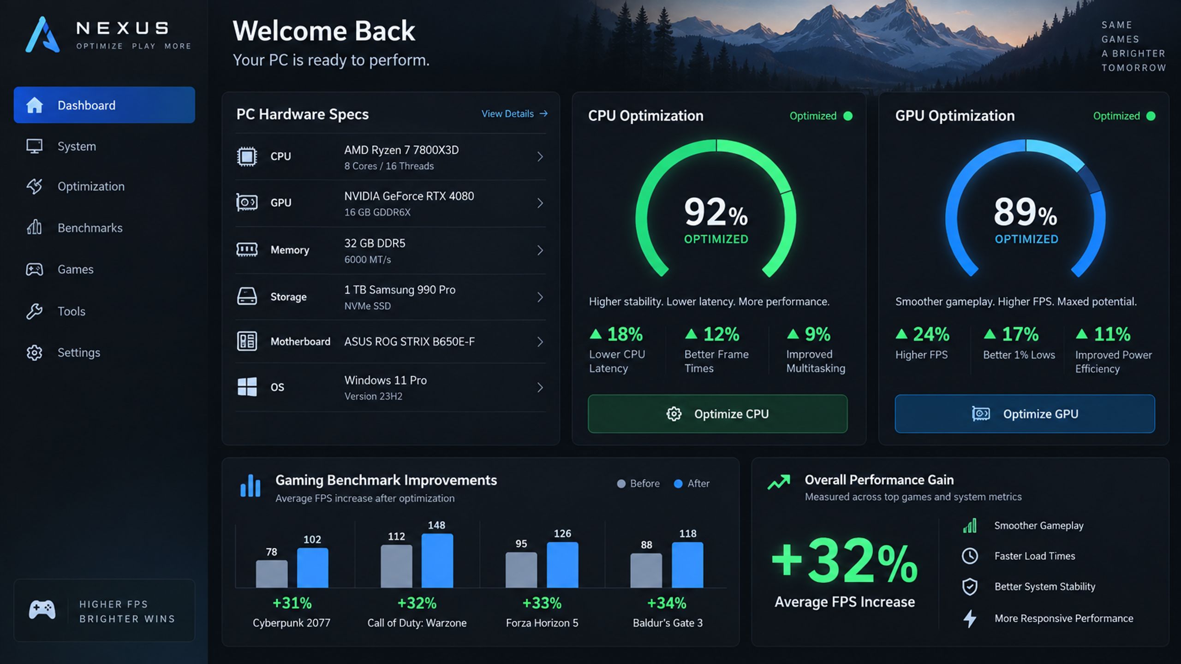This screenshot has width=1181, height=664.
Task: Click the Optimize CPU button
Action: point(717,414)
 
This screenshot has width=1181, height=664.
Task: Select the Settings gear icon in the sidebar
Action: point(34,353)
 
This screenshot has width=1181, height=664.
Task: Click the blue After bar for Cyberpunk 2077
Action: point(312,568)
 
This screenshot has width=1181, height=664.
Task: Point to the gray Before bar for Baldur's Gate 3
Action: point(646,570)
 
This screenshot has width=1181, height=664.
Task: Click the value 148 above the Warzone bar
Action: point(436,525)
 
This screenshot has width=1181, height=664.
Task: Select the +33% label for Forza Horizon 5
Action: point(542,603)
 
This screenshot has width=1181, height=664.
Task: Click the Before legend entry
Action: point(638,483)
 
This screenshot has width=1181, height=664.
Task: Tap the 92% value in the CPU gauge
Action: point(716,212)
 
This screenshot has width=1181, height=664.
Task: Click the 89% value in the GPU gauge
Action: point(1025,212)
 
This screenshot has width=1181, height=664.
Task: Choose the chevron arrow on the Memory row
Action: point(540,250)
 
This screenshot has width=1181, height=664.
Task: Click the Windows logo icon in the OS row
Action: point(247,387)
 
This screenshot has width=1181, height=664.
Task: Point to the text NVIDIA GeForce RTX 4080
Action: point(409,196)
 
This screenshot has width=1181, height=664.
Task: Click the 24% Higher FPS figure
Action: point(923,334)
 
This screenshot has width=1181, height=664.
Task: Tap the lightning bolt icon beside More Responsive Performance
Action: point(970,618)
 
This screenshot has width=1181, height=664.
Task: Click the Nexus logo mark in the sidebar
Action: point(42,35)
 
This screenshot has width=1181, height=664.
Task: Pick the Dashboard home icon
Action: point(34,105)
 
